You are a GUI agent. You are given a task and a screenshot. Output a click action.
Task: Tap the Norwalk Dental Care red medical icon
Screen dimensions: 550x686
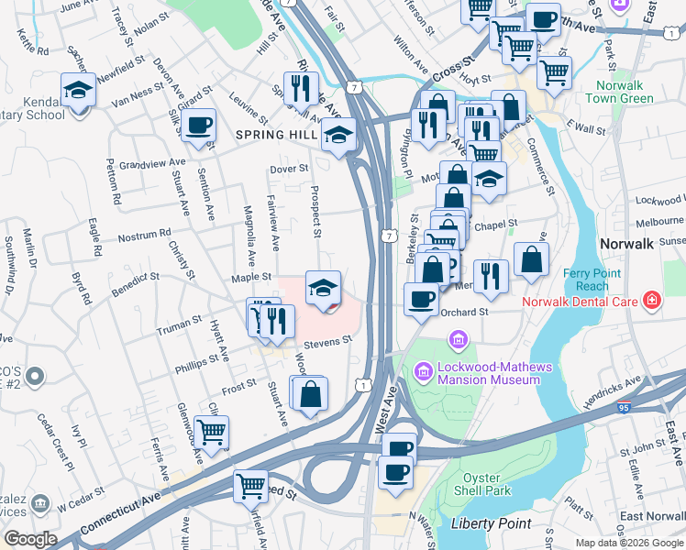[x=651, y=300]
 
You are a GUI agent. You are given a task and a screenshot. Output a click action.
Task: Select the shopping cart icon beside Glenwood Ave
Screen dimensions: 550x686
[x=211, y=432]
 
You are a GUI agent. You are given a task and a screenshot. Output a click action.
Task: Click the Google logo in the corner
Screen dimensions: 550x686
[x=29, y=539]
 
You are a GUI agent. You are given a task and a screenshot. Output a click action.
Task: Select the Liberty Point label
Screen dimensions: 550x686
[x=492, y=523]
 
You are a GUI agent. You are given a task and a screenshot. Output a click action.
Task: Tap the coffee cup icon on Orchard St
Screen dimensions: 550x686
[x=421, y=300]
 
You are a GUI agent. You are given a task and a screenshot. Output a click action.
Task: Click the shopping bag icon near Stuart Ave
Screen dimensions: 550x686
[x=311, y=394]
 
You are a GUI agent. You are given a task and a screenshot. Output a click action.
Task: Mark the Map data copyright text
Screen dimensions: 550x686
[x=628, y=543]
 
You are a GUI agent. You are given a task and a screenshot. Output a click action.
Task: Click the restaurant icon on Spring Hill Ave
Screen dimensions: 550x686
[x=301, y=90]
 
